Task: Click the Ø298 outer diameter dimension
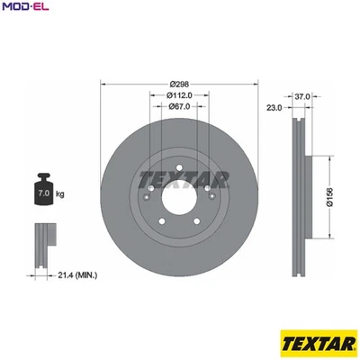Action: [x=179, y=83]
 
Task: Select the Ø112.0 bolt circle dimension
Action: [x=180, y=94]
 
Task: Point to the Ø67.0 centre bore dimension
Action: [x=179, y=107]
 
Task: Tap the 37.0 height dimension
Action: [x=301, y=95]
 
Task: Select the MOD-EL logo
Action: [x=27, y=9]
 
